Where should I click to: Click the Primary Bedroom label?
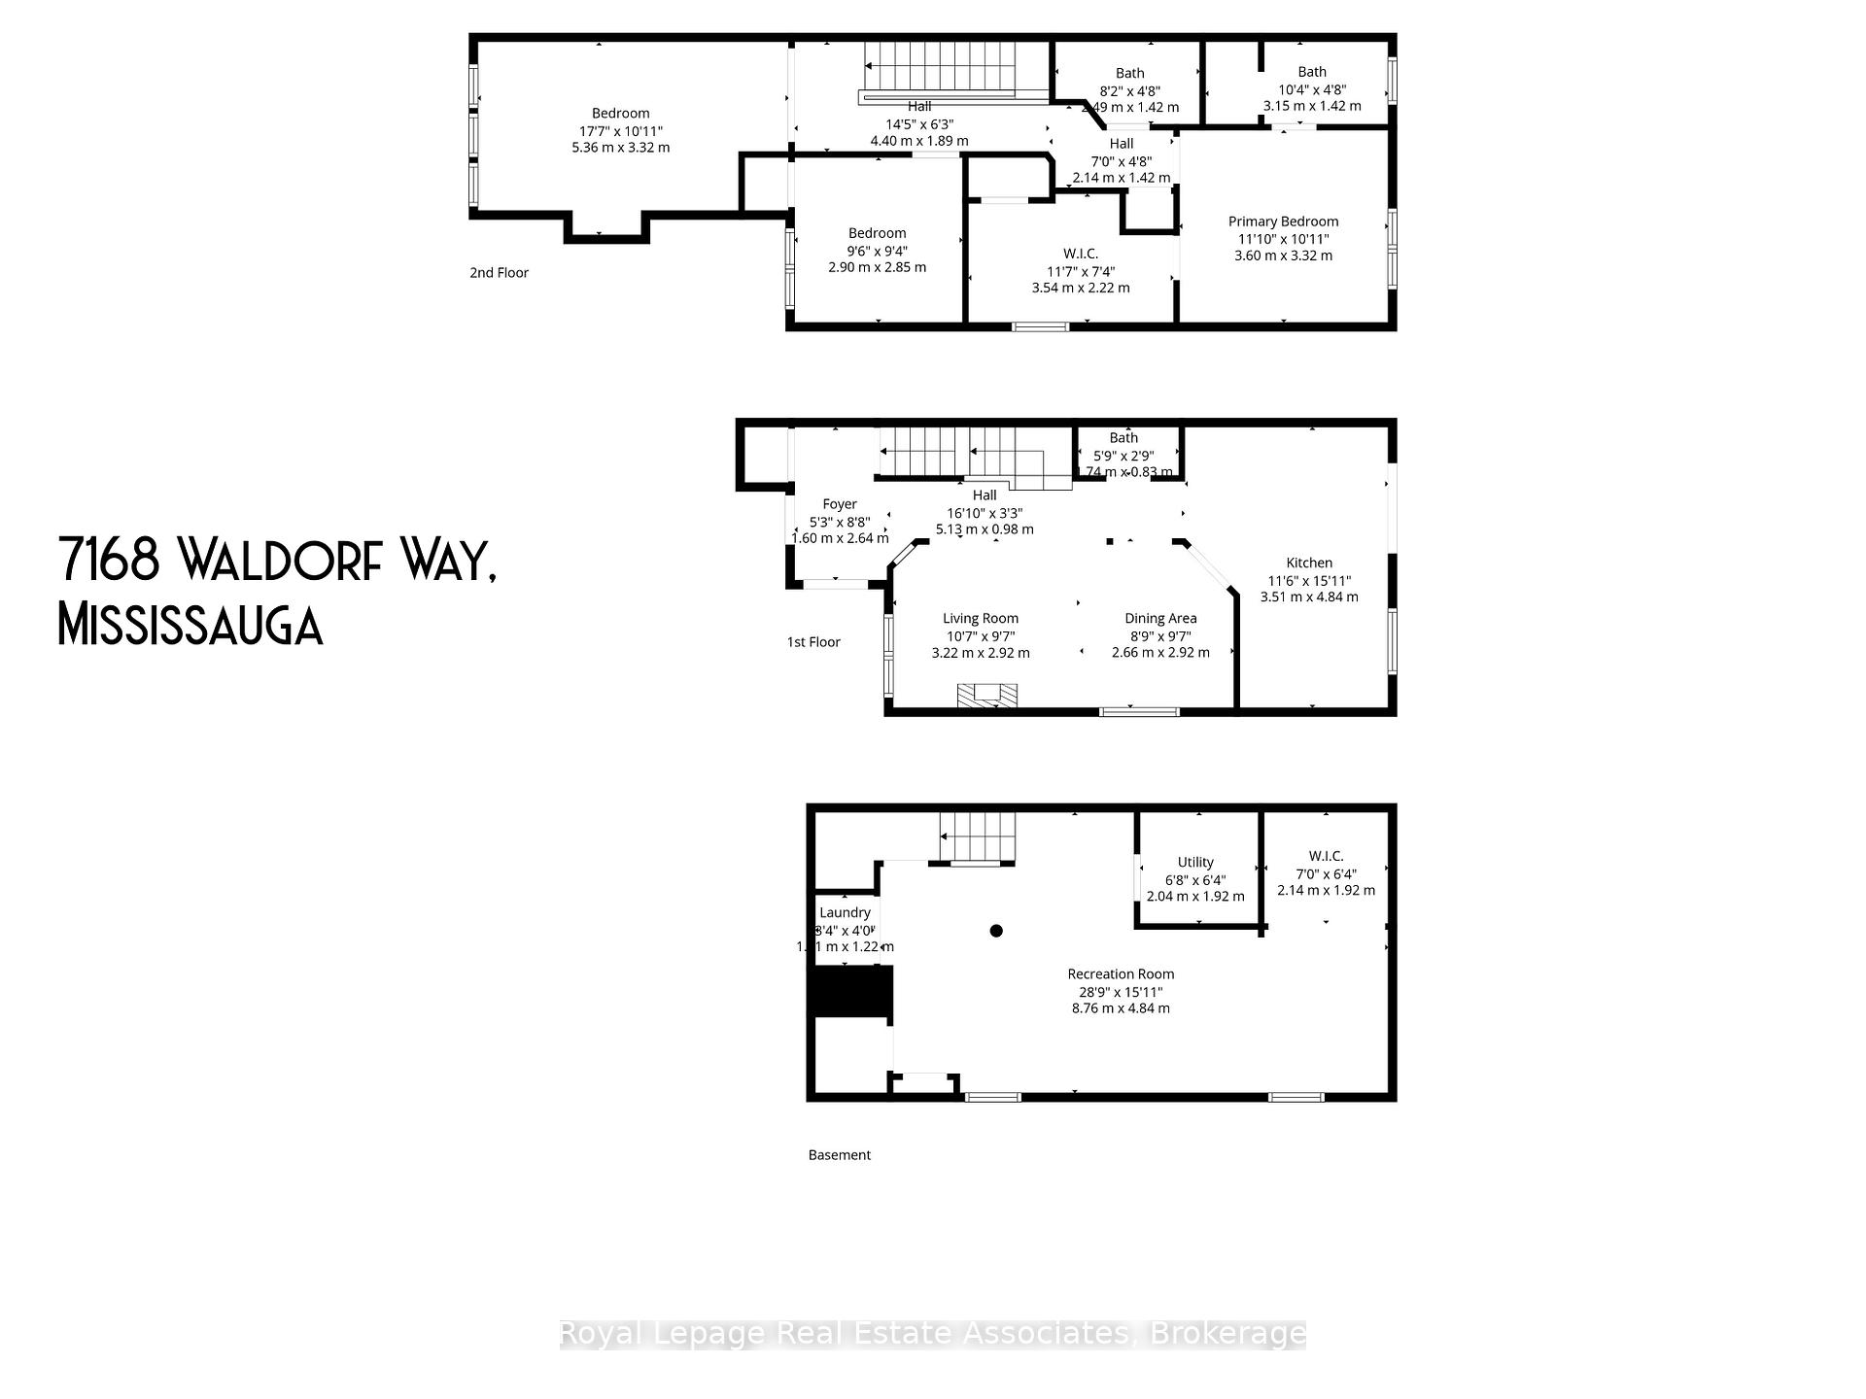tap(1283, 222)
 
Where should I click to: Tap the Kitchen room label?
tap(1309, 563)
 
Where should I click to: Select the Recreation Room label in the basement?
tap(1121, 973)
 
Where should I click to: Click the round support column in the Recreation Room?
tap(996, 931)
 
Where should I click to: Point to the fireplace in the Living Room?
tap(987, 695)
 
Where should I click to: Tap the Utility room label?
tap(1195, 862)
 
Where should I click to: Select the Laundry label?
tap(845, 912)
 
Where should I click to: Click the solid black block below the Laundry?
tap(851, 992)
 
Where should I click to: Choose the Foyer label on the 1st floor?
tap(840, 504)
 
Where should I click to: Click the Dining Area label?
tap(1160, 618)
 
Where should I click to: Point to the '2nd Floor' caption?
tap(499, 273)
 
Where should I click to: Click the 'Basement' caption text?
tap(839, 1155)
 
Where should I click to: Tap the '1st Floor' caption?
tap(813, 642)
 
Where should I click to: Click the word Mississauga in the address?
tap(190, 625)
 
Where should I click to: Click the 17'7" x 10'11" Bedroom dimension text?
tap(620, 131)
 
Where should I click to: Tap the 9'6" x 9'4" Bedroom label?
tap(877, 233)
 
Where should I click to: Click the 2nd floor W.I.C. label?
tap(1081, 254)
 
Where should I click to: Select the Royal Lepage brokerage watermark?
tap(932, 1334)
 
